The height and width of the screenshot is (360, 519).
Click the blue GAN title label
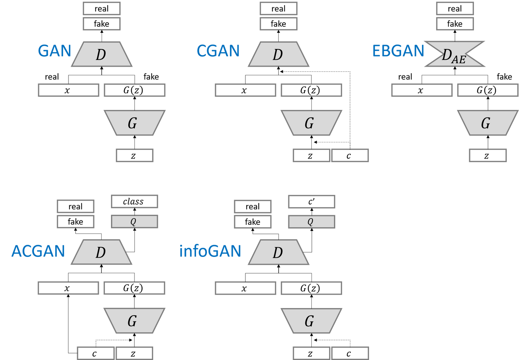coord(54,51)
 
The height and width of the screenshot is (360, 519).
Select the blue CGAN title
coord(218,51)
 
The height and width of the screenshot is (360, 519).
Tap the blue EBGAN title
coord(398,51)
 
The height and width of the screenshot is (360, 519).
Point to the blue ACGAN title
coord(38,251)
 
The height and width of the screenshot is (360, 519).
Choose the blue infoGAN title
coord(210,251)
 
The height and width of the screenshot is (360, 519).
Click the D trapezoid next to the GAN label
coord(101,54)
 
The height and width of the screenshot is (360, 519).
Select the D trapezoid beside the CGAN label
coord(278,54)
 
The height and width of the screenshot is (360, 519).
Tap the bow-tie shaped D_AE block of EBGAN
coord(454,54)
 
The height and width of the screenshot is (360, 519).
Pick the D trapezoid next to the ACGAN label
coord(101,252)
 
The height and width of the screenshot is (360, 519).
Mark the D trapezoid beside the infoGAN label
coord(278,252)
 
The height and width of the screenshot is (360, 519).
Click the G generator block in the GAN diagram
coord(134,123)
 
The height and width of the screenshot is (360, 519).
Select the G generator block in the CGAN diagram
coord(311,123)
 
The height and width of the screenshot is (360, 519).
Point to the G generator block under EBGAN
coord(487,123)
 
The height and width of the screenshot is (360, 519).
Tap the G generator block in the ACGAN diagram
coord(134,320)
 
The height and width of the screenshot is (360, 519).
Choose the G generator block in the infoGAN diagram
coord(311,320)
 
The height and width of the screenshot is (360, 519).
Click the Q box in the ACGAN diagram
coord(134,222)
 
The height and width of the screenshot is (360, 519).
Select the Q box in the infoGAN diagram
coord(311,222)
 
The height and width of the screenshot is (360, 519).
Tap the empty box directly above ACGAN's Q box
coord(134,201)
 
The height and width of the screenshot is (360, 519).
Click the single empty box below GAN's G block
coord(134,155)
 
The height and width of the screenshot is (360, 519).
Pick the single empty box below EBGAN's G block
coord(488,155)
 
